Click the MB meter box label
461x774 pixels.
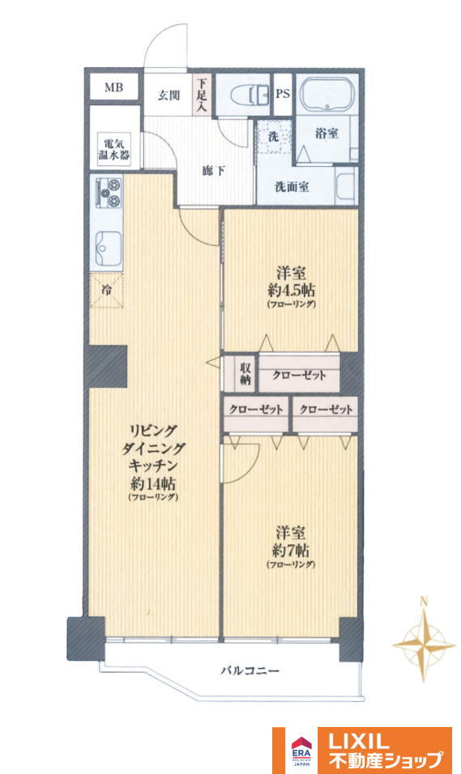pyautogui.click(x=113, y=88)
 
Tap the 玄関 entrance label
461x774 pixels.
pyautogui.click(x=169, y=96)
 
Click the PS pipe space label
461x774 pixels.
pyautogui.click(x=283, y=94)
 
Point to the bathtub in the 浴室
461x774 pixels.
pyautogui.click(x=327, y=94)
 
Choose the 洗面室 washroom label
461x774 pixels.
pyautogui.click(x=292, y=187)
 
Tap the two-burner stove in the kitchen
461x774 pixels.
pyautogui.click(x=109, y=193)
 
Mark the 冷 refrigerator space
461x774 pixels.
pyautogui.click(x=106, y=290)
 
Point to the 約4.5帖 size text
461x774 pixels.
pyautogui.click(x=292, y=289)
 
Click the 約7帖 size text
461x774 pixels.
pyautogui.click(x=291, y=550)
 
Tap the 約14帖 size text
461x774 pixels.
pyautogui.click(x=153, y=483)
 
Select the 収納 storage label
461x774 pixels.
pyautogui.click(x=245, y=374)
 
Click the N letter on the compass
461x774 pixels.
pyautogui.click(x=423, y=602)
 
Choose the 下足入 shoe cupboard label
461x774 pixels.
pyautogui.click(x=201, y=94)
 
